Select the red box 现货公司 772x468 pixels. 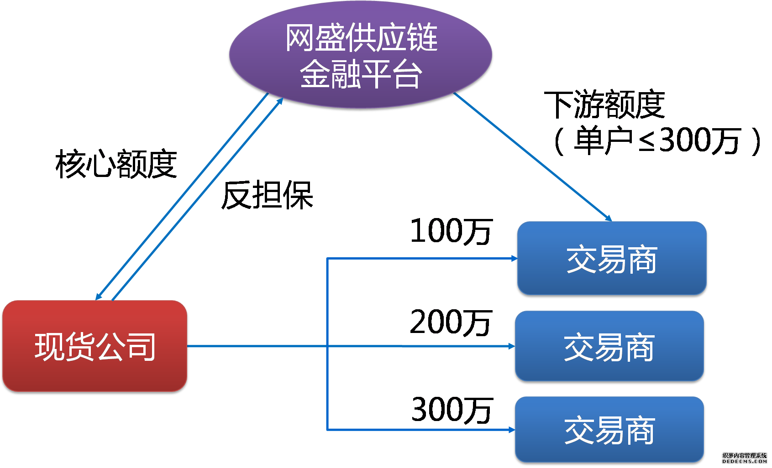click(95, 346)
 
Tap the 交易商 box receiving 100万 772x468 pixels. click(612, 258)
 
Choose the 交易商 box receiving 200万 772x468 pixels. click(609, 346)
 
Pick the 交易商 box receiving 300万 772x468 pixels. click(609, 429)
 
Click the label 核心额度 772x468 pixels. click(116, 164)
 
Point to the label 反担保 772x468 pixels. click(267, 195)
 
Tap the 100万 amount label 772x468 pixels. click(452, 231)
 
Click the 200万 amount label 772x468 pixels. click(451, 322)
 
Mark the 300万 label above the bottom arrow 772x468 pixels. click(452, 410)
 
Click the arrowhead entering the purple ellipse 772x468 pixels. click(280, 101)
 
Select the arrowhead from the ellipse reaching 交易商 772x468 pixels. click(608, 218)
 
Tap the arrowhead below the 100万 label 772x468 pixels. click(514, 258)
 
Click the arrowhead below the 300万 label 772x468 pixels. click(512, 430)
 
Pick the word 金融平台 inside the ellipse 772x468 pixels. click(361, 73)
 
